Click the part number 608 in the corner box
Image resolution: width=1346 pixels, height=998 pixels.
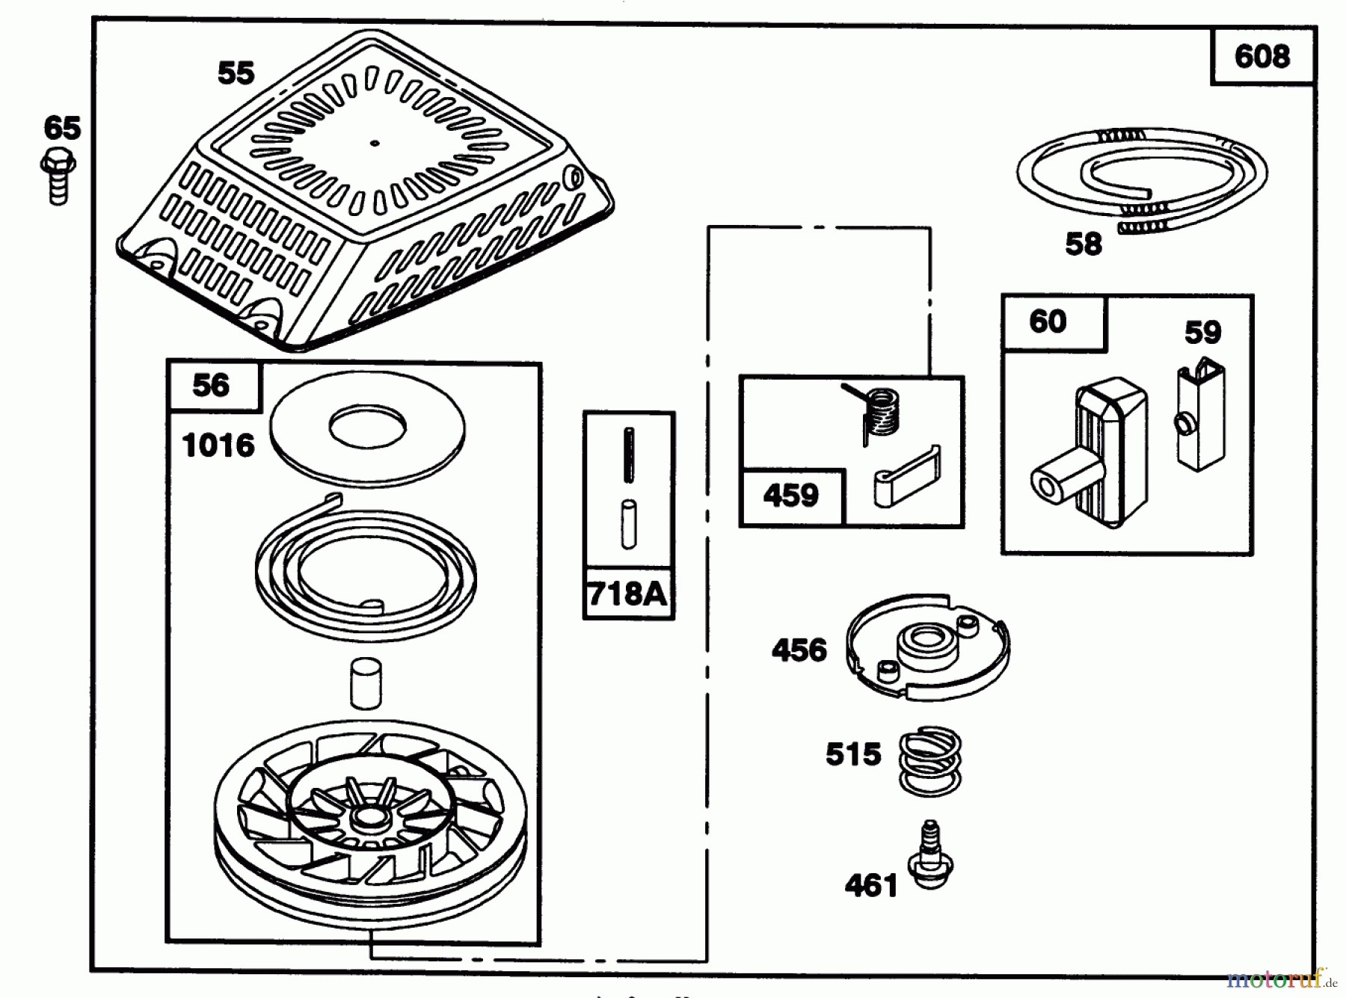tap(1262, 57)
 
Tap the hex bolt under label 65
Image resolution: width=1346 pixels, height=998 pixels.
tap(58, 176)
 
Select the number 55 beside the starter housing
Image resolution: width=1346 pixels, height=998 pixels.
tap(236, 73)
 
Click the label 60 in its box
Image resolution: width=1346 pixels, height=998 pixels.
tap(1047, 322)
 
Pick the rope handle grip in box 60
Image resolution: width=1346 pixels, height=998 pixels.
tap(1088, 458)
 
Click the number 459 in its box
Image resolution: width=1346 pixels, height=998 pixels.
tap(790, 496)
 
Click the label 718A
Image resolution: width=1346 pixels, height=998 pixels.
tap(627, 594)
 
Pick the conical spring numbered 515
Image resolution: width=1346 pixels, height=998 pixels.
tap(929, 762)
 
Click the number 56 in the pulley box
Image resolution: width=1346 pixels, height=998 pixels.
tap(210, 386)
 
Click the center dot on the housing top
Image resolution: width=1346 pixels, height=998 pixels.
tap(375, 144)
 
